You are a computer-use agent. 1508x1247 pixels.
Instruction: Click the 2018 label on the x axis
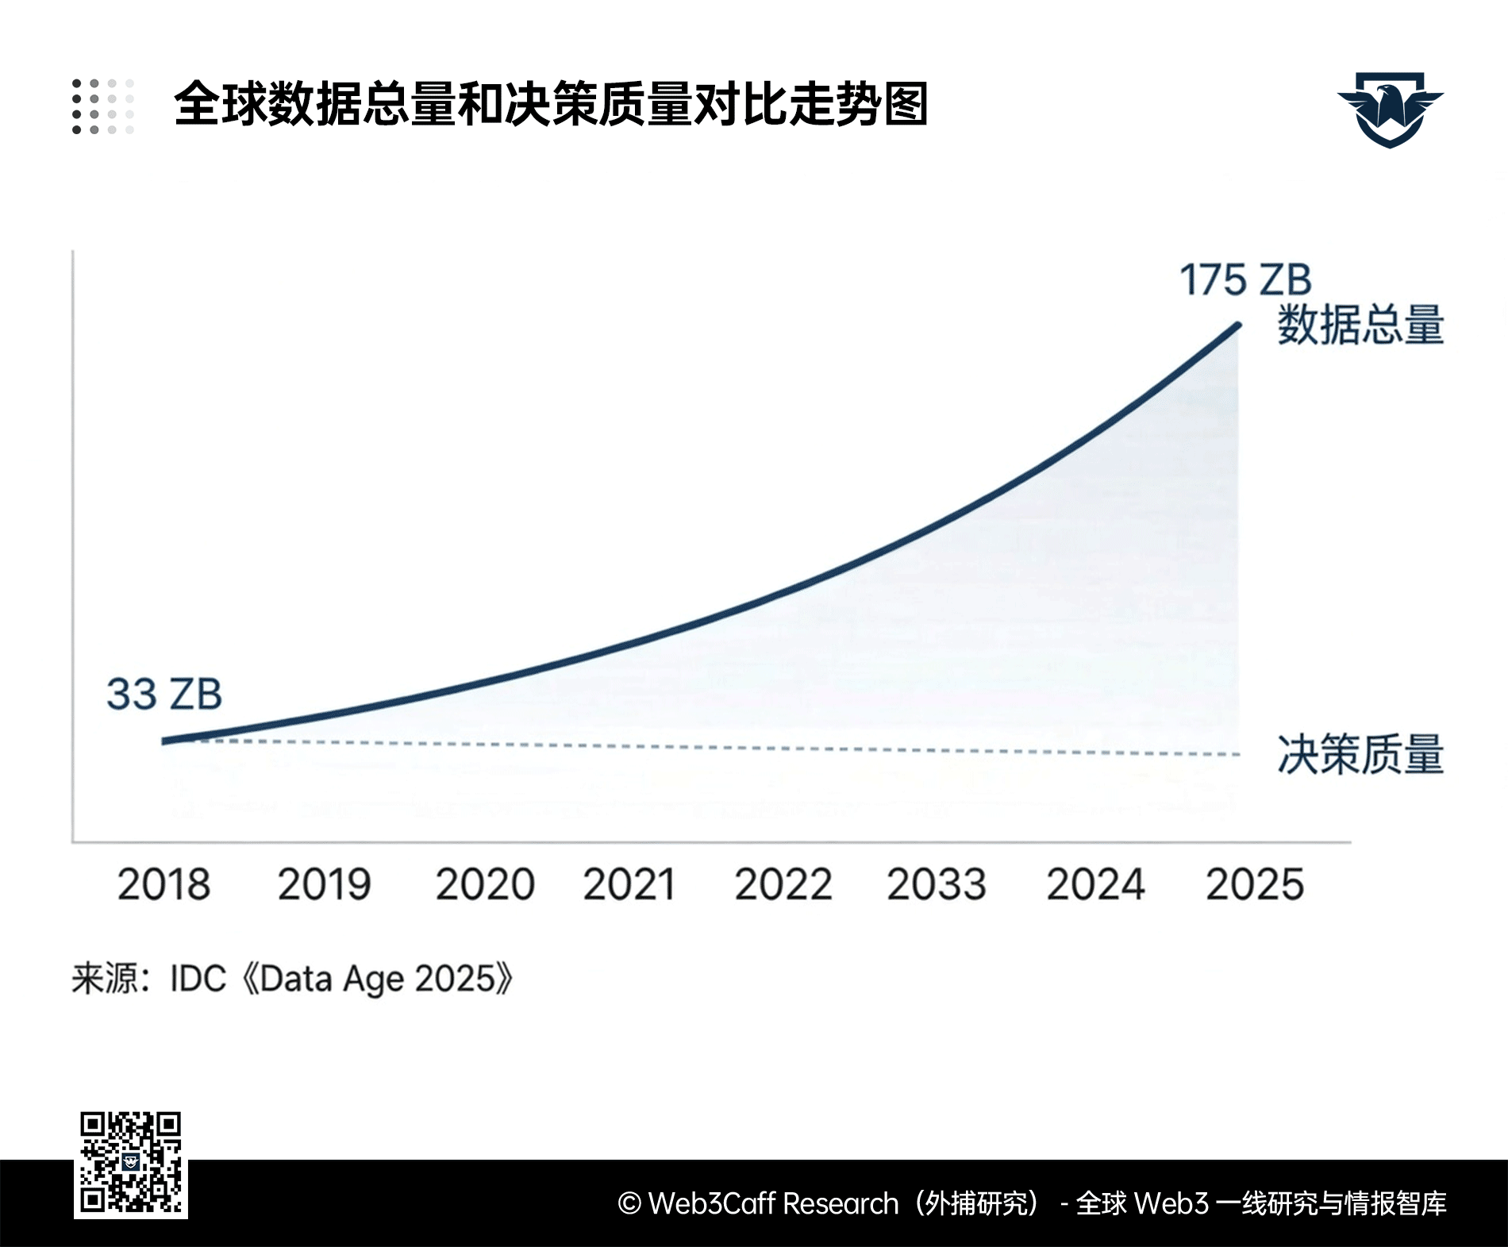(x=164, y=884)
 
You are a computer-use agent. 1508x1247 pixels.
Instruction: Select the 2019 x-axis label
(x=324, y=884)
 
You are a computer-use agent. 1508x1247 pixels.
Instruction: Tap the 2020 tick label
(x=485, y=884)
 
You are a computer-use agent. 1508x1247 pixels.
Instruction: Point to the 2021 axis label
(x=629, y=884)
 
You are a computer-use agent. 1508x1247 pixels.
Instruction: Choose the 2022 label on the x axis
(x=783, y=884)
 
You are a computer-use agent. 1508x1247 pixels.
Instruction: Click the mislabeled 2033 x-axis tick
(x=936, y=884)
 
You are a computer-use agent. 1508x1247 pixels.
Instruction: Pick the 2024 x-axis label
(x=1095, y=884)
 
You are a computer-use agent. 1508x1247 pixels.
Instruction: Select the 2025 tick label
(x=1255, y=884)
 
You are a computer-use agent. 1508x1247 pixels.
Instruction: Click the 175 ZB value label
(x=1245, y=280)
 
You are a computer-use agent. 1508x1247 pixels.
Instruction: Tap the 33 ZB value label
(x=164, y=694)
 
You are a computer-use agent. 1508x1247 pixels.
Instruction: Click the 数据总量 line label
(x=1360, y=325)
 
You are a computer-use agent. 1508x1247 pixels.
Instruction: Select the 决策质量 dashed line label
(x=1360, y=754)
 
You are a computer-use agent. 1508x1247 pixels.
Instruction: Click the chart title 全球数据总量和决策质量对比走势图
(x=551, y=104)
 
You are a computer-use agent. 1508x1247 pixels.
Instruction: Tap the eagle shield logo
(x=1390, y=110)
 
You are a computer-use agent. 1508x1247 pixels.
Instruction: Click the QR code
(x=131, y=1164)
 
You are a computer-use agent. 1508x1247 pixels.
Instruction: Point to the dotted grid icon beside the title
(x=103, y=106)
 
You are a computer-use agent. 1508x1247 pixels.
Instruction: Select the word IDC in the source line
(x=198, y=979)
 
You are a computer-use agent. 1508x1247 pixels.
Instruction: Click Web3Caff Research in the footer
(x=772, y=1203)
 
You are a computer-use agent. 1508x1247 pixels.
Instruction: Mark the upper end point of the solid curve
(x=1238, y=324)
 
